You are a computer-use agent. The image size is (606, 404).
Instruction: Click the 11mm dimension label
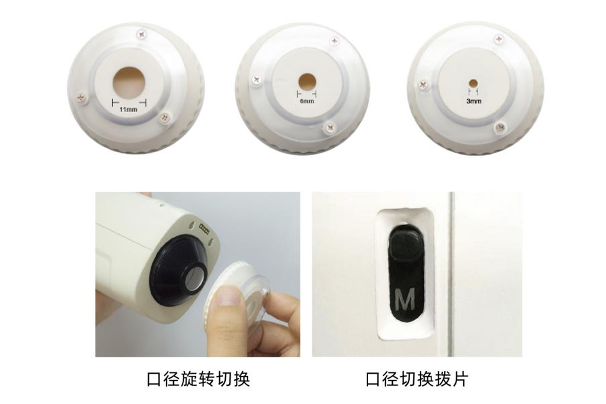(x=128, y=110)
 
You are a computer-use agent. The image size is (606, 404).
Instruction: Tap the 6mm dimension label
(x=307, y=101)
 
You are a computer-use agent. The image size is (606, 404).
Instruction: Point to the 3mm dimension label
(x=474, y=102)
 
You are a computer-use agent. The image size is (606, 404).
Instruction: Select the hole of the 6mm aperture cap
(x=308, y=82)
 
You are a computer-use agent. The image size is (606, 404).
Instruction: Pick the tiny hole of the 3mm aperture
(x=474, y=82)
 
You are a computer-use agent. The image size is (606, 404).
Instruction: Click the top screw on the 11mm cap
(x=142, y=34)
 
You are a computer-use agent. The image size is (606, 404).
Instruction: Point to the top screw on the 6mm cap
(x=335, y=40)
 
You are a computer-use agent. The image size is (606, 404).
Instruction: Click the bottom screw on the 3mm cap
(x=500, y=126)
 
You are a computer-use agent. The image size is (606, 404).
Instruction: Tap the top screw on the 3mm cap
(x=499, y=39)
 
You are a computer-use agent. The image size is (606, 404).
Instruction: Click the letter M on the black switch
(x=405, y=299)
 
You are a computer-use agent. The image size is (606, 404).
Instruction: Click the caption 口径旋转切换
(x=198, y=379)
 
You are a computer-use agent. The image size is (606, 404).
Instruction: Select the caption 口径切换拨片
(x=417, y=379)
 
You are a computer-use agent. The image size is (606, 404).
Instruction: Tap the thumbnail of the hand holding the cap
(x=198, y=274)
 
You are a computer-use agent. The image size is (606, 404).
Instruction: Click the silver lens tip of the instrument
(x=195, y=283)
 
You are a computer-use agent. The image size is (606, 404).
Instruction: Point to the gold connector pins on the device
(x=205, y=228)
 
